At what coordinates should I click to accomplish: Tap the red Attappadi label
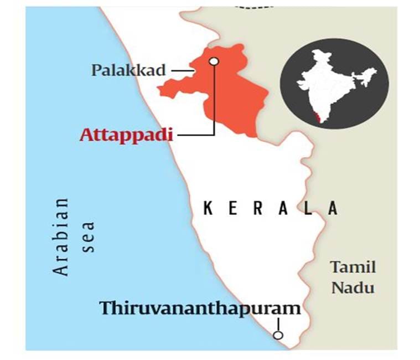[x=126, y=135]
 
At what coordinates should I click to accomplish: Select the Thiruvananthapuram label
[x=200, y=308]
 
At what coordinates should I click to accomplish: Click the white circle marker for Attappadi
[x=214, y=61]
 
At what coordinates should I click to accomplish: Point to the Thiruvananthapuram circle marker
[x=278, y=335]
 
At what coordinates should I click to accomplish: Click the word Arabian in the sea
[x=62, y=236]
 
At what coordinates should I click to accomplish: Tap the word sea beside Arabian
[x=89, y=236]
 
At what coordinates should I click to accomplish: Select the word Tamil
[x=354, y=268]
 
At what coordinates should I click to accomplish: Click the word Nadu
[x=354, y=287]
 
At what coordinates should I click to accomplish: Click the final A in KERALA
[x=333, y=209]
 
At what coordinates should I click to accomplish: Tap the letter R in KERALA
[x=259, y=209]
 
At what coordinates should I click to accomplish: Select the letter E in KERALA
[x=234, y=209]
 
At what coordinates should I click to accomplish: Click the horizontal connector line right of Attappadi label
[x=194, y=135]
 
